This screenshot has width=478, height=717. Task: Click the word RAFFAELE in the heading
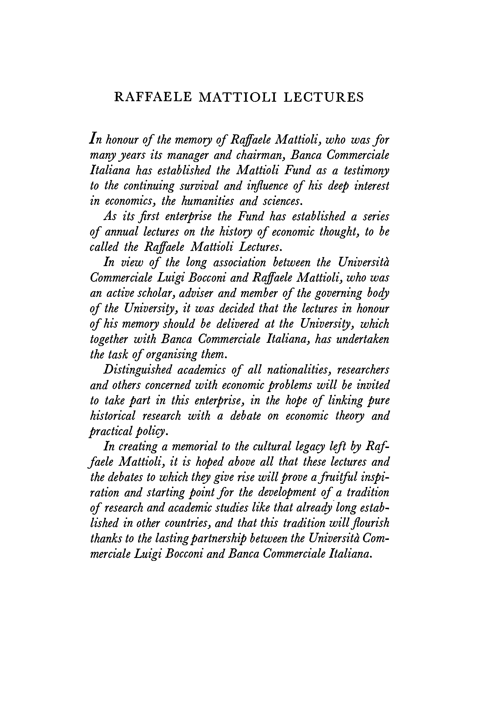[153, 97]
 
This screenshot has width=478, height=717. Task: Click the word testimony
[366, 171]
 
